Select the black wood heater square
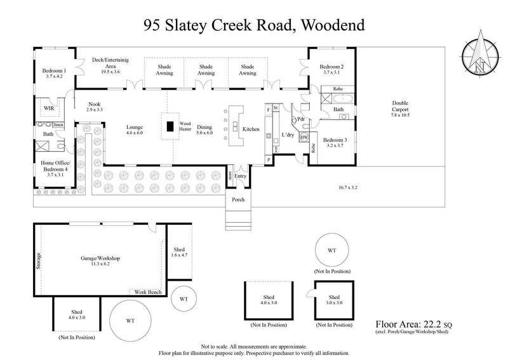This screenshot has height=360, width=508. (170, 126)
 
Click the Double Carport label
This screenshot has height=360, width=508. (400, 106)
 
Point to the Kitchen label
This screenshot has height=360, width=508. (251, 129)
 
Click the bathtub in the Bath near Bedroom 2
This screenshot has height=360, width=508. (345, 99)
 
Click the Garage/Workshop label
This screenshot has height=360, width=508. (100, 259)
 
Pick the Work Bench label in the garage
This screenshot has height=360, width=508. (147, 291)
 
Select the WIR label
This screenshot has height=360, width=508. (49, 109)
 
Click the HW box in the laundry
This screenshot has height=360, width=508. (304, 138)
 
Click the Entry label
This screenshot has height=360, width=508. (240, 176)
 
